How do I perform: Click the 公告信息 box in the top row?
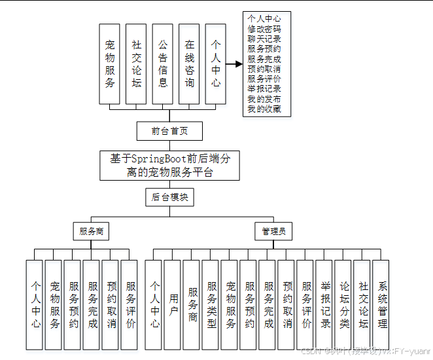pyautogui.click(x=163, y=63)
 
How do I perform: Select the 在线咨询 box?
pyautogui.click(x=190, y=63)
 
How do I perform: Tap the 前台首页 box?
pyautogui.click(x=169, y=130)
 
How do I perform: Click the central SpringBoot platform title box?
pyautogui.click(x=169, y=165)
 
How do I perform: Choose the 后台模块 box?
pyautogui.click(x=169, y=196)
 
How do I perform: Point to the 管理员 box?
pyautogui.click(x=273, y=231)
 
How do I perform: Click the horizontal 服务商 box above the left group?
pyautogui.click(x=91, y=231)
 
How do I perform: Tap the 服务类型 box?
pyautogui.click(x=211, y=304)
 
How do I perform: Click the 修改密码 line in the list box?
pyautogui.click(x=264, y=29)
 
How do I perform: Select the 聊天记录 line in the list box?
pyautogui.click(x=264, y=39)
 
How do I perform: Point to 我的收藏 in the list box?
pyautogui.click(x=264, y=109)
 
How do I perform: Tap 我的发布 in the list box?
pyautogui.click(x=264, y=99)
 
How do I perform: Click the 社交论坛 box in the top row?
pyautogui.click(x=136, y=63)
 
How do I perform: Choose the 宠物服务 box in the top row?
pyautogui.click(x=110, y=63)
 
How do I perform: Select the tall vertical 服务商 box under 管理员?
pyautogui.click(x=192, y=304)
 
